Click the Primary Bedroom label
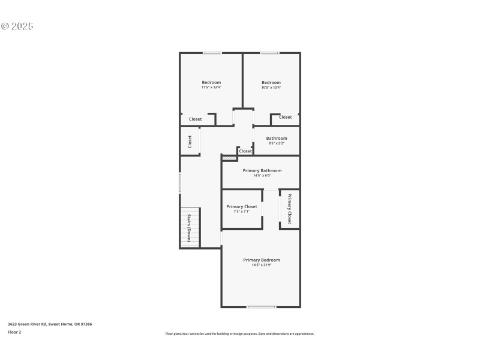[262, 260]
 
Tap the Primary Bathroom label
[262, 170]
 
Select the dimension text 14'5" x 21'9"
[262, 265]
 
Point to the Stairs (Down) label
[189, 228]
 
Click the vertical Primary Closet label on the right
[289, 208]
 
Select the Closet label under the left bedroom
[196, 119]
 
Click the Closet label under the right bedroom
[286, 117]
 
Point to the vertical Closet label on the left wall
[190, 142]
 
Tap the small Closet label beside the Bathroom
[245, 151]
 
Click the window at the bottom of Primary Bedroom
[262, 307]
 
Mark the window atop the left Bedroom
[212, 53]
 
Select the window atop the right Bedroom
[269, 53]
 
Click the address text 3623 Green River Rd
[50, 324]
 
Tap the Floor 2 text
[14, 332]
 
